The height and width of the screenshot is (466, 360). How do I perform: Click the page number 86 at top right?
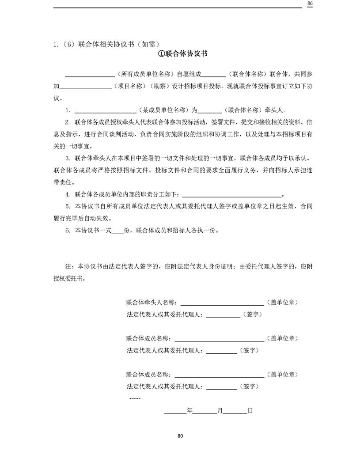tap(310, 4)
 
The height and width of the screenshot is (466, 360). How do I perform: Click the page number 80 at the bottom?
tap(180, 436)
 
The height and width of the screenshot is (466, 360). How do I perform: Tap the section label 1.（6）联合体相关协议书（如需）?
tap(106, 44)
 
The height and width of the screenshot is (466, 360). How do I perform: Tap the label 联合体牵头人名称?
tap(151, 303)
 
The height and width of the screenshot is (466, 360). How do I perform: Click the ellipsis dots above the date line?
tap(135, 398)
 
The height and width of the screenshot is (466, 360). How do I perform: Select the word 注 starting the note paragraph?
tap(68, 267)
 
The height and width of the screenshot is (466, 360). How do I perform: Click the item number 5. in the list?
tap(68, 206)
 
